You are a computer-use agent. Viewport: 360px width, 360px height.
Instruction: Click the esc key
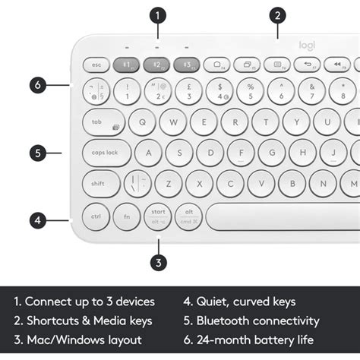pos(96,65)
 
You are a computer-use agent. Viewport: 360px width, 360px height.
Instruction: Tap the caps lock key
pos(106,152)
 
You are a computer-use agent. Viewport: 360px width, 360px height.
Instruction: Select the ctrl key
pos(96,216)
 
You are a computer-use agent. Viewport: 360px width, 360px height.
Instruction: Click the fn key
pos(127,216)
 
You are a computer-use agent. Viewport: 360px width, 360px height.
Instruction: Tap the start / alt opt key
pos(158,216)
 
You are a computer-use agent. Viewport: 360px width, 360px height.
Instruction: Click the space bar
pos(282,216)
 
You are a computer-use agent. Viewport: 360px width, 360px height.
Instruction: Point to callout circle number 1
pos(157,14)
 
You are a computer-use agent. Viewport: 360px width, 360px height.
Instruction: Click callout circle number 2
pos(278,14)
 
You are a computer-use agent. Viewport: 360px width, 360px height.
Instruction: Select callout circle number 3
pos(157,264)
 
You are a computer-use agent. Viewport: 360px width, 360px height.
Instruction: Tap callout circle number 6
pos(39,85)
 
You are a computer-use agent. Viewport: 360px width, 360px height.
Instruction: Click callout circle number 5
pos(39,153)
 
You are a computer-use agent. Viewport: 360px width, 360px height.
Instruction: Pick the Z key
pos(169,183)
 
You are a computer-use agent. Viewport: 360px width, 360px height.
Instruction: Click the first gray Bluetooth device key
pos(127,65)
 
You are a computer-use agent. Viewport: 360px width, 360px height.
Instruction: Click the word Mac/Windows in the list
pos(66,340)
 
